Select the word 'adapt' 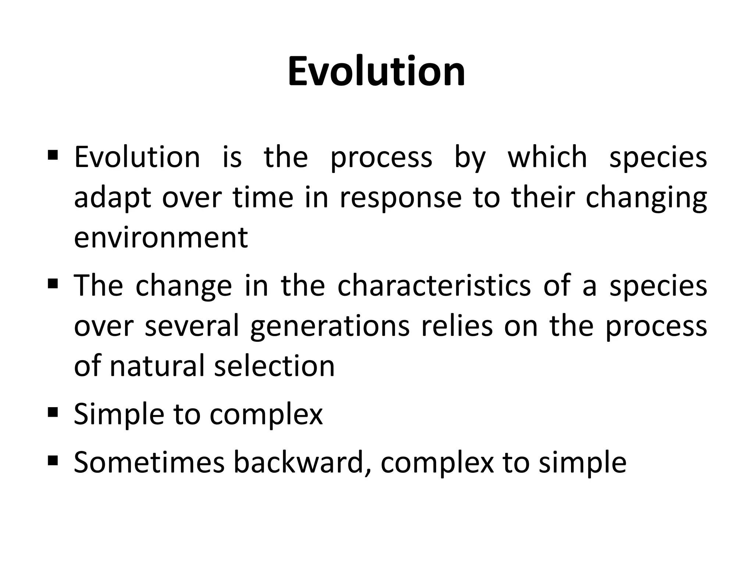(x=113, y=198)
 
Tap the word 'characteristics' (x=434, y=286)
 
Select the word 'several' (x=192, y=326)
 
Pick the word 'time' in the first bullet (x=263, y=198)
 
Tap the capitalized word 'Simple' (x=119, y=415)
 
